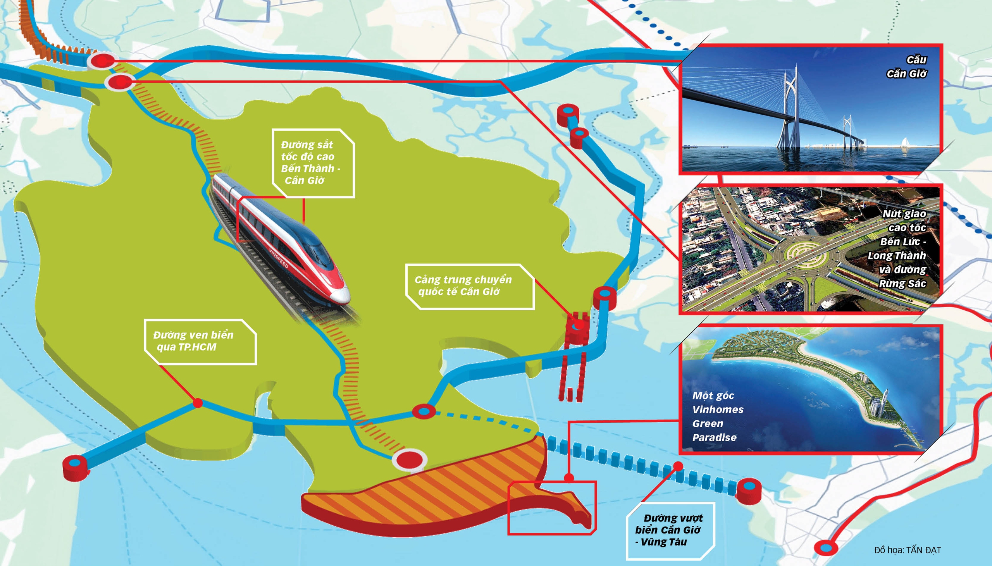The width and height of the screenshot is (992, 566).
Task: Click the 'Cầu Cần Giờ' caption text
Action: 906,67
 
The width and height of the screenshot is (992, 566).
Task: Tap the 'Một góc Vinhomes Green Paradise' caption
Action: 718,416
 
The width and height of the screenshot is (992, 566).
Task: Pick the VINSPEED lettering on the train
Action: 279,258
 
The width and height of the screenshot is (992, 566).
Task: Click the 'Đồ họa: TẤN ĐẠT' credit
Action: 907,550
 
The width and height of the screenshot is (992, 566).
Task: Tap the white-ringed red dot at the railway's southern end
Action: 409,460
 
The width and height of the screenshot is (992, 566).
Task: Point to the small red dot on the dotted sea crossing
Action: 678,466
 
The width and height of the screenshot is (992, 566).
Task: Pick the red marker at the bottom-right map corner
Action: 826,549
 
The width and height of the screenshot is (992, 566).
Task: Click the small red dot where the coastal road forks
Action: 198,403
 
